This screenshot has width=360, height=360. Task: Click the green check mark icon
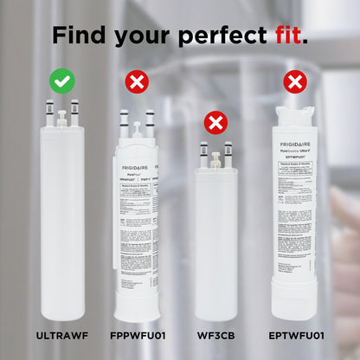pos(61,82)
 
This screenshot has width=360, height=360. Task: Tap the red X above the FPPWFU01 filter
pos(137,82)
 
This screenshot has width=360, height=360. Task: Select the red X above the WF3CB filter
pos(215,122)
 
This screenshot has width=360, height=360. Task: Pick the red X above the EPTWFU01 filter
pos(295,82)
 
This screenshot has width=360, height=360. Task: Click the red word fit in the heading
pos(284,36)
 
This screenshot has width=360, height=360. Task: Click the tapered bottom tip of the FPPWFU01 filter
pos(137,307)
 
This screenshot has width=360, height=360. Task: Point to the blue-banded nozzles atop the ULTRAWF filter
pos(62,112)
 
